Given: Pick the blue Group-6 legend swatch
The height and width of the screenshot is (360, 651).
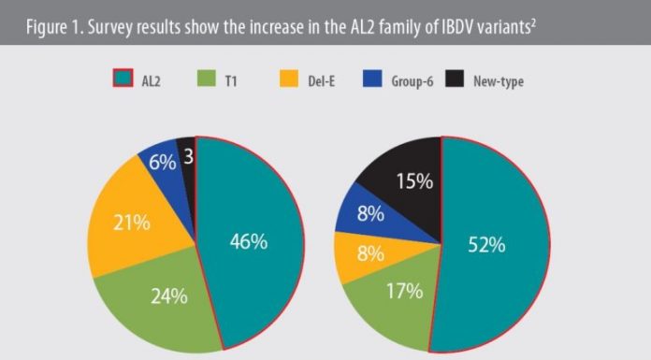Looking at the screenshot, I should (387, 81).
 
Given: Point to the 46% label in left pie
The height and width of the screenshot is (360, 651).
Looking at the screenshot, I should (249, 241).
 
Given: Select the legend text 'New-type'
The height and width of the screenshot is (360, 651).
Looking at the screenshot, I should (525, 81).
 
